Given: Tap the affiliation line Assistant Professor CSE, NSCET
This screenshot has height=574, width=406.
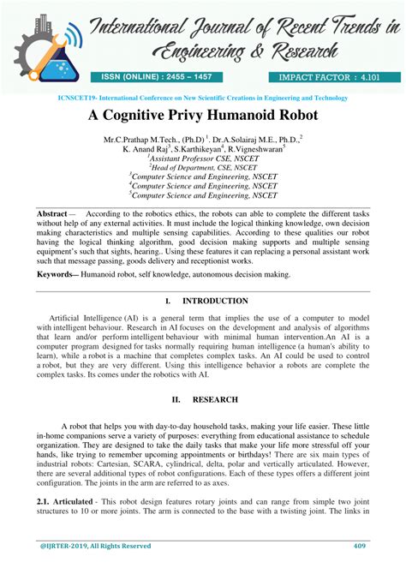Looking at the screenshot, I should (202, 158).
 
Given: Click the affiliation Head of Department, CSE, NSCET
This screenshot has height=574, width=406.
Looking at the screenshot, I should (203, 168).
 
